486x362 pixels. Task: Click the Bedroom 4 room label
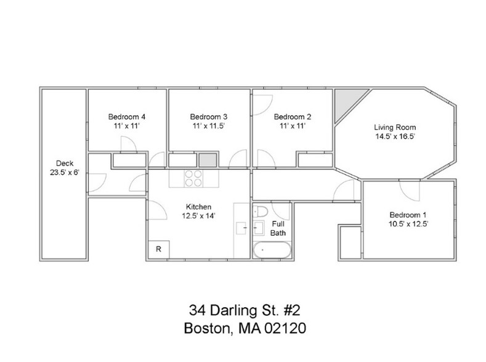click(x=127, y=117)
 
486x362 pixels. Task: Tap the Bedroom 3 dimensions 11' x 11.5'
click(x=209, y=126)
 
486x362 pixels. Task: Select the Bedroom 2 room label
click(x=293, y=117)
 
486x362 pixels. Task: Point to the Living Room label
click(x=395, y=127)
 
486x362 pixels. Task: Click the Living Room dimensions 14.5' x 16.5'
click(x=395, y=136)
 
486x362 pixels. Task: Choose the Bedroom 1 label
click(x=408, y=215)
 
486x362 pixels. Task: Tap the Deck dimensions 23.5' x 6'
click(x=65, y=172)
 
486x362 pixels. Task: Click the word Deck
click(x=65, y=163)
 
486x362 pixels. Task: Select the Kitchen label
click(x=199, y=207)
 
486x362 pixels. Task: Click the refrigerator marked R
click(x=159, y=249)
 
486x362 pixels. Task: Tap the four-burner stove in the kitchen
click(x=193, y=179)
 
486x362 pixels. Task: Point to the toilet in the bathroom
click(x=260, y=212)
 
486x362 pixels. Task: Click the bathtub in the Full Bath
click(x=272, y=250)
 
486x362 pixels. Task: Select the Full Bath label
click(x=278, y=228)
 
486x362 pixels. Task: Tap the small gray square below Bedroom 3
click(x=208, y=160)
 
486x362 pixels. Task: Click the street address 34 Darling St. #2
click(x=245, y=310)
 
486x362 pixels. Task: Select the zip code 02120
click(x=285, y=328)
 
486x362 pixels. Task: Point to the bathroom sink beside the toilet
click(x=259, y=228)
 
